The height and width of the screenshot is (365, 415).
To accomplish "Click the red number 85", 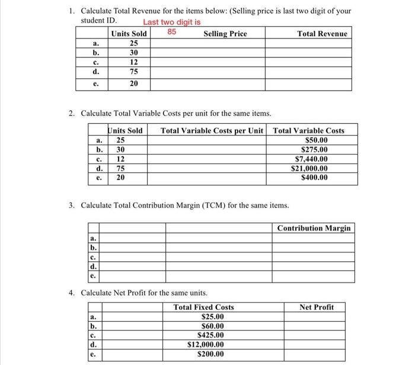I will (x=172, y=30).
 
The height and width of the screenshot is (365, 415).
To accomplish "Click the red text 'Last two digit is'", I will (x=171, y=21).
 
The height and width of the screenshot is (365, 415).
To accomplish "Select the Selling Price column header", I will (x=225, y=34).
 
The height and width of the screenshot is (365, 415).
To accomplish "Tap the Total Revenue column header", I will (x=322, y=34).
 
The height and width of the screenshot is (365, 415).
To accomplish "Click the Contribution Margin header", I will (x=314, y=228).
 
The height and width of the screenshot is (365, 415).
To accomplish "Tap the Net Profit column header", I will (x=317, y=307).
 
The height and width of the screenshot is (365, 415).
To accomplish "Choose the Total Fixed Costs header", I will (x=203, y=307).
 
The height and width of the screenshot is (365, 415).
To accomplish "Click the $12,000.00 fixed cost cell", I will (x=206, y=344).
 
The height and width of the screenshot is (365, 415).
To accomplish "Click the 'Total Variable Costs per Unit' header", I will (x=212, y=130).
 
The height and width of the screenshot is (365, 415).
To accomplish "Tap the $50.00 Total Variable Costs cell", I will (x=316, y=140).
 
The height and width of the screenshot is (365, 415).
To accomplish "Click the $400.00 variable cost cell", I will (x=314, y=177).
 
